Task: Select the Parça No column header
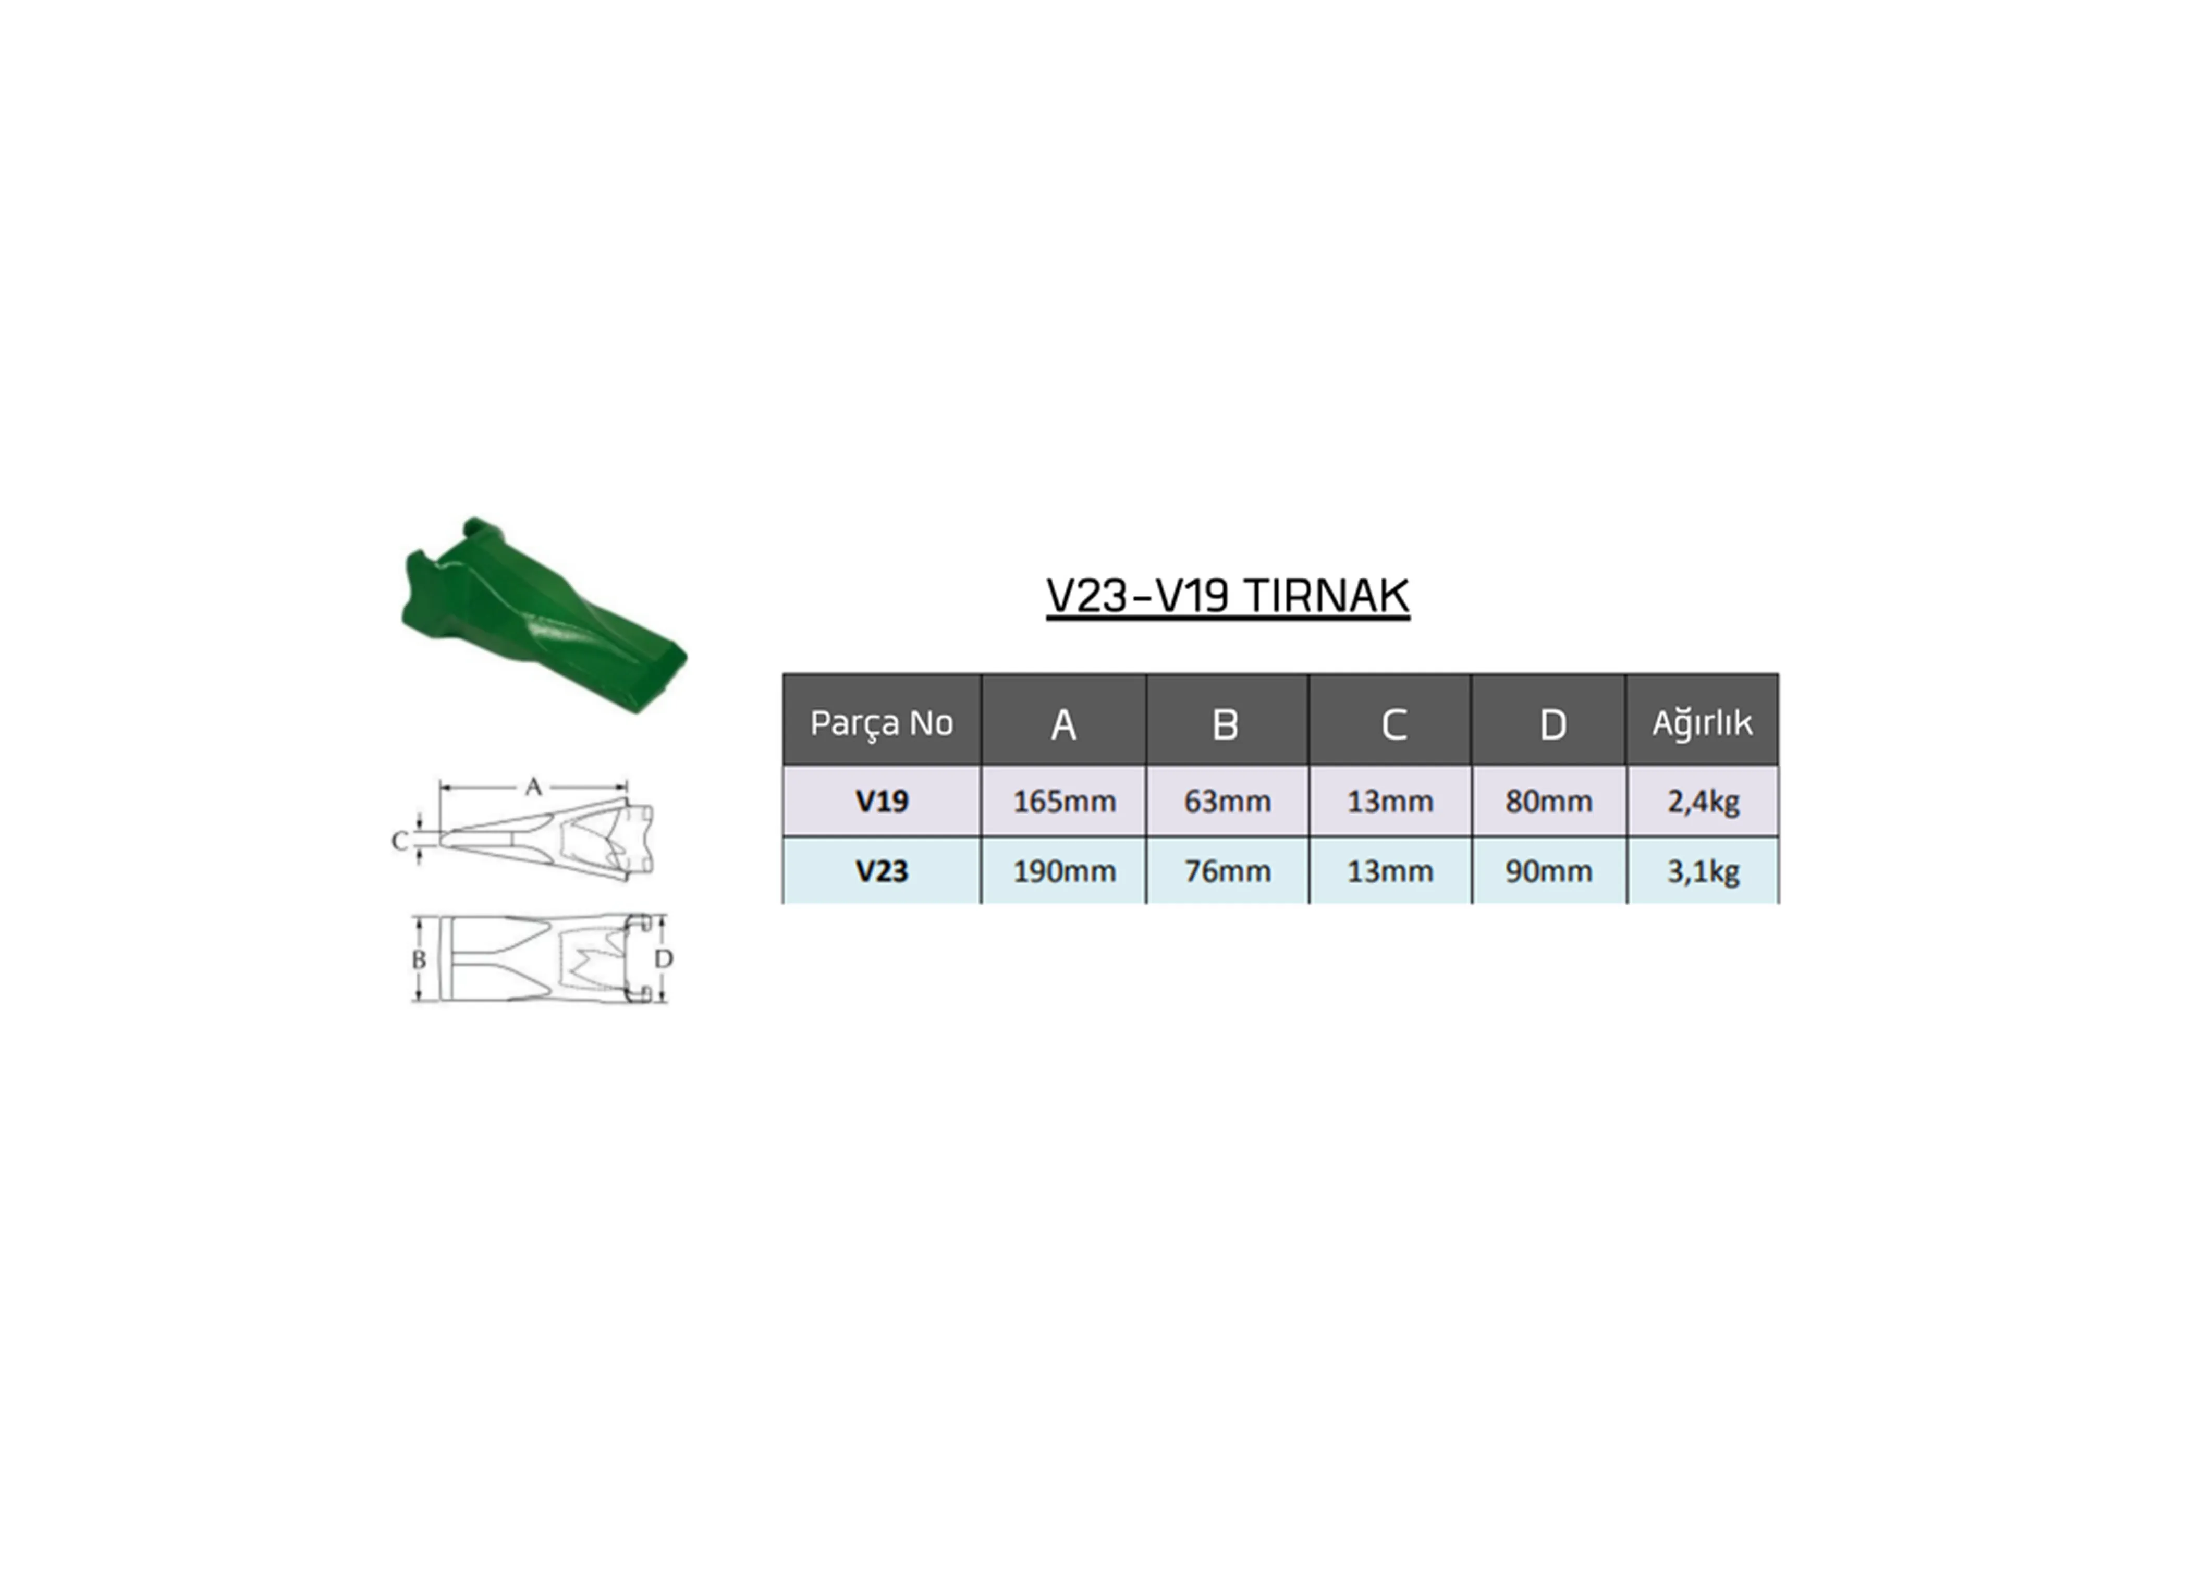tap(881, 723)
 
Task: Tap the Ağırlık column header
tap(1702, 723)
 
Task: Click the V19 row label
tap(881, 802)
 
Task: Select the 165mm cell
tap(1063, 802)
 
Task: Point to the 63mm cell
tap(1227, 802)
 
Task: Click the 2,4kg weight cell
tap(1702, 802)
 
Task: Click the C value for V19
tap(1390, 802)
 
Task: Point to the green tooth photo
tap(544, 615)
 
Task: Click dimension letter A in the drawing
tap(533, 787)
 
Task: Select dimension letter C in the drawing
tap(399, 841)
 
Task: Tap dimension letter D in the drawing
tap(664, 959)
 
